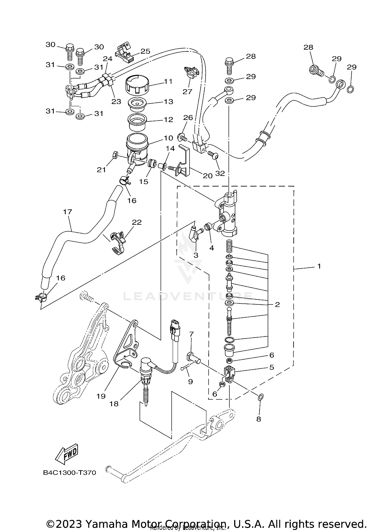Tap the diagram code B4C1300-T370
[69, 473]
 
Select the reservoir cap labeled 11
[137, 85]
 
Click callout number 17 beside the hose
[67, 212]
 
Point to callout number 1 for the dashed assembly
[319, 266]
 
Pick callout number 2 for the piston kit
[277, 305]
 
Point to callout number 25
[145, 51]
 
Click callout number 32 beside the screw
[220, 173]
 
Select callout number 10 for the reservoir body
[168, 138]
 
